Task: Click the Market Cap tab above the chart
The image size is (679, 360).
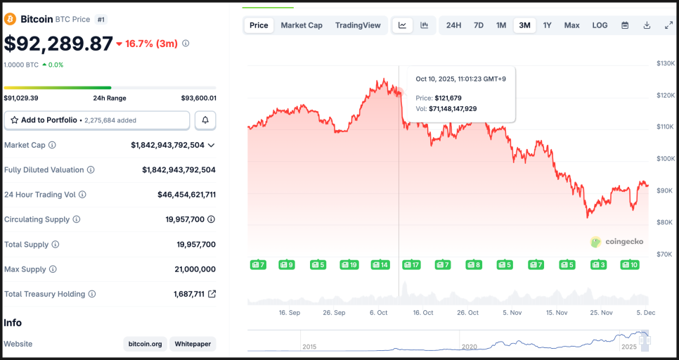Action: coord(302,25)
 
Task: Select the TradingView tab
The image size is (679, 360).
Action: coord(358,25)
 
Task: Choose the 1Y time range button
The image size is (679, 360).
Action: coord(547,25)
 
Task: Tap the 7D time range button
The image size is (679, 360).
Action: coord(479,25)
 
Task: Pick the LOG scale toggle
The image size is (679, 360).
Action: coord(600,25)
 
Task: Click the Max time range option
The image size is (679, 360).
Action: coord(571,25)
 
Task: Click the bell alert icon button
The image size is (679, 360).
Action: coord(205,120)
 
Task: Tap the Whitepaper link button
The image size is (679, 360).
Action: coord(193,344)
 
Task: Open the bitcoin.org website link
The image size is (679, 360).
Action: coord(145,344)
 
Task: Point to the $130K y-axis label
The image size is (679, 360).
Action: coord(665,63)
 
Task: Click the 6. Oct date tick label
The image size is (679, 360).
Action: coord(378,312)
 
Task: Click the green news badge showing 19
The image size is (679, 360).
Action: coord(349,265)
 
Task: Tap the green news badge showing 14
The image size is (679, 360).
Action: coord(380,265)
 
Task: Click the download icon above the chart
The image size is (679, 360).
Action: coord(647,25)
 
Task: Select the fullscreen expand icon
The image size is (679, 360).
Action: coord(668,25)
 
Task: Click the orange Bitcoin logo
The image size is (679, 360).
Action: coord(11,20)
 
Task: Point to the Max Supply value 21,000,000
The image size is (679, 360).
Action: coord(195,269)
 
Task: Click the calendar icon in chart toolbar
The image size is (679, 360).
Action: coord(625,25)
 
